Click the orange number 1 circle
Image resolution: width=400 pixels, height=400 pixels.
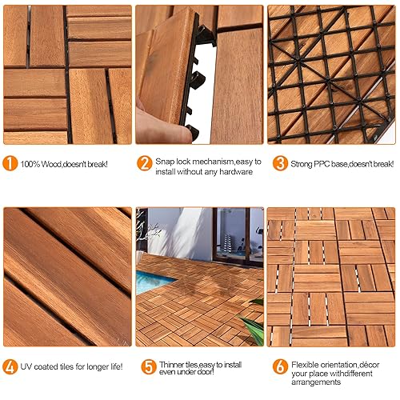(10, 163)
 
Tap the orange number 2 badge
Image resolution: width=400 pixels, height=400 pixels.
(145, 163)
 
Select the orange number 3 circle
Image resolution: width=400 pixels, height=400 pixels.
(280, 163)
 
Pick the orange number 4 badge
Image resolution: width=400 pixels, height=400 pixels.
(10, 366)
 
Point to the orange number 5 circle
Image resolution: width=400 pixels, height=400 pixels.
(149, 366)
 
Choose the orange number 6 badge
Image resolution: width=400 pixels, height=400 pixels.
(280, 366)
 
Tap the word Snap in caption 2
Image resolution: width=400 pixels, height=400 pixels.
(165, 162)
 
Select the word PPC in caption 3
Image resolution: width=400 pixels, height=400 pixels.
(322, 164)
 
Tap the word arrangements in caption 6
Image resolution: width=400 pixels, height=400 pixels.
(316, 382)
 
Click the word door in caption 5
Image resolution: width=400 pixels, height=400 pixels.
(205, 371)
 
